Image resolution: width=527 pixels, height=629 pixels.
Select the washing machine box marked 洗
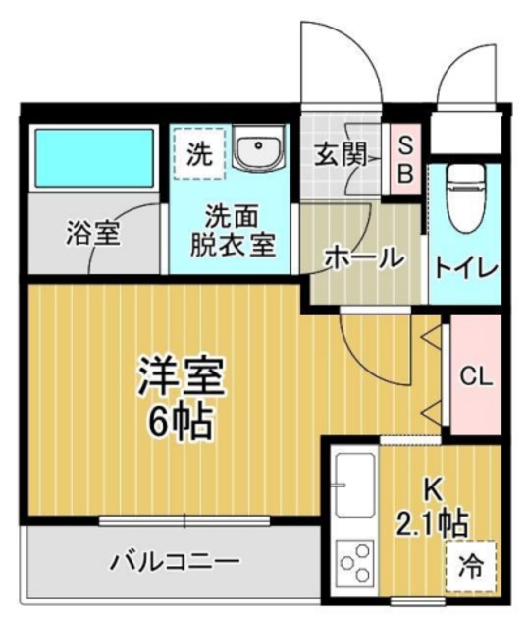[x=199, y=153]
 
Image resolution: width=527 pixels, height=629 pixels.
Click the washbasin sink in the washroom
[x=258, y=151]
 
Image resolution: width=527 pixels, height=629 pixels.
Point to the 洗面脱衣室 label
[x=232, y=230]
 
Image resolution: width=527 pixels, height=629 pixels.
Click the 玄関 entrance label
[x=340, y=153]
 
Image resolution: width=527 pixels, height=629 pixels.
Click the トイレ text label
[x=465, y=266]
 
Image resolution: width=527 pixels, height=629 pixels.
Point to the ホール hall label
[x=364, y=258]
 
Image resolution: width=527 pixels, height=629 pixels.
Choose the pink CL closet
[x=477, y=375]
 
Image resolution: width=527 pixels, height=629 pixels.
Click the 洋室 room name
[x=182, y=377]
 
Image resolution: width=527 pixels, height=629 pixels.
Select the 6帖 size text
[x=182, y=422]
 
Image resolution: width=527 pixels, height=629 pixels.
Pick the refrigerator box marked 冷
[x=472, y=566]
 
